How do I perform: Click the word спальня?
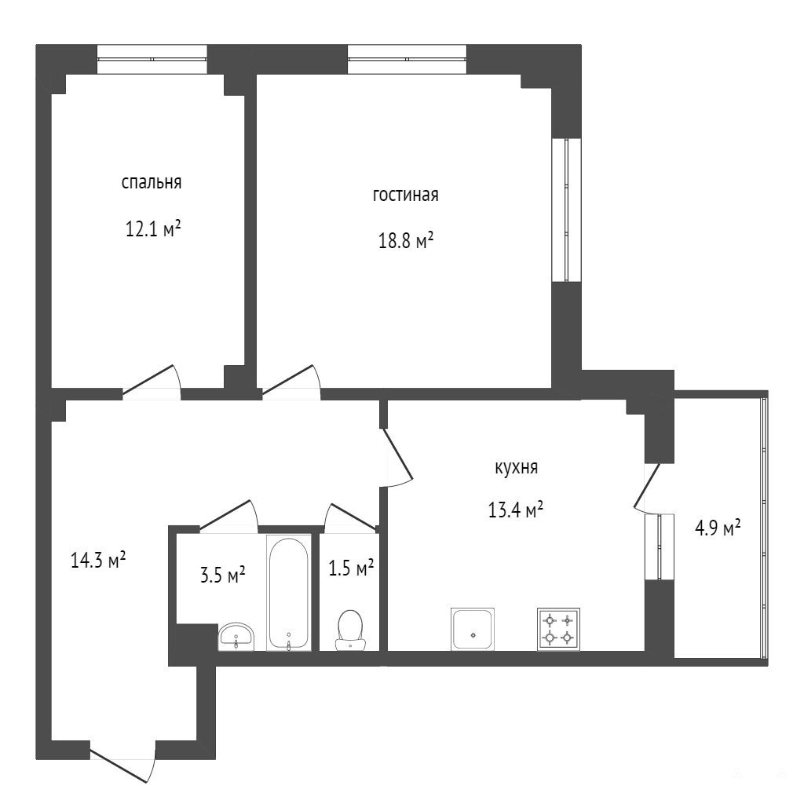pyautogui.click(x=152, y=183)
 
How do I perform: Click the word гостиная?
pyautogui.click(x=406, y=195)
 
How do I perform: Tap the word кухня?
pyautogui.click(x=517, y=468)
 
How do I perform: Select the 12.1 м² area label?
pyautogui.click(x=153, y=228)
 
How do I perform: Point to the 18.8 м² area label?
pyautogui.click(x=406, y=240)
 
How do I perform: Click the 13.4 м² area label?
pyautogui.click(x=516, y=510)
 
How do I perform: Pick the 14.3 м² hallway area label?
pyautogui.click(x=98, y=560)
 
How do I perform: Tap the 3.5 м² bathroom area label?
pyautogui.click(x=222, y=574)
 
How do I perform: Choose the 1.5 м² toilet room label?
pyautogui.click(x=351, y=568)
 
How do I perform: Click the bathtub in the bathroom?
pyautogui.click(x=289, y=593)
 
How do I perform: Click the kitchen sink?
pyautogui.click(x=473, y=629)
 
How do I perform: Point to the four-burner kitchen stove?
pyautogui.click(x=558, y=629)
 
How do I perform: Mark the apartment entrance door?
pyautogui.click(x=122, y=763)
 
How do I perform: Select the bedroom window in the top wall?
pyautogui.click(x=152, y=60)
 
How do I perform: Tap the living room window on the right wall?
pyautogui.click(x=566, y=210)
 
